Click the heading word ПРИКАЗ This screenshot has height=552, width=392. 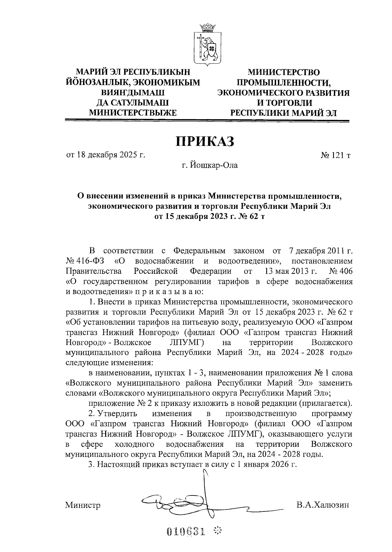click(205, 142)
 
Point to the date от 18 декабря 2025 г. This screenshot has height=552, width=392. click(106, 155)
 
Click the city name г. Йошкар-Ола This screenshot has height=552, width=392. click(210, 165)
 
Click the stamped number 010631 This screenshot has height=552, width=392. click(187, 531)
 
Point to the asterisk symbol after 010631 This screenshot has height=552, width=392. click(216, 531)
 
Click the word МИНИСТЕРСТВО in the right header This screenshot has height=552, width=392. click(284, 72)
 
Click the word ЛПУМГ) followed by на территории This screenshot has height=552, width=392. click(187, 343)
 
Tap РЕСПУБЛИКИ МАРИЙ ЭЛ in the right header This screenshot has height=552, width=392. click(284, 113)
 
